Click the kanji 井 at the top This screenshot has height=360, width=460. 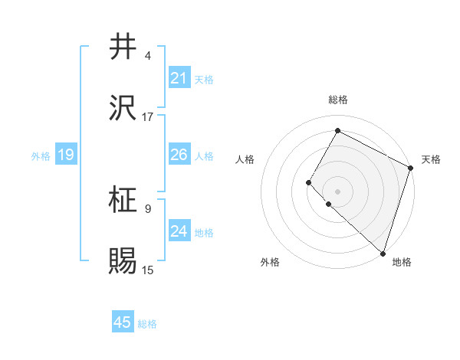point(123,47)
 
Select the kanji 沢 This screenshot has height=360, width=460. point(123,109)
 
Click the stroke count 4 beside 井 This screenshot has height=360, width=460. point(148,56)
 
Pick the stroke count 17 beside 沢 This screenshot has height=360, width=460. point(148,117)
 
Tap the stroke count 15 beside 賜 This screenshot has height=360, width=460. point(148,270)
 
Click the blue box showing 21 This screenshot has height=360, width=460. point(179,78)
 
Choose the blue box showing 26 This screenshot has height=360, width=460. point(179,155)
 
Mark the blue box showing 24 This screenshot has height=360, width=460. point(179,231)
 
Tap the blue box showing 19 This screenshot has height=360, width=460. point(65,155)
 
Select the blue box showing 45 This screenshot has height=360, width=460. point(123,322)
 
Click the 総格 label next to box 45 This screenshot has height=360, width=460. point(147,324)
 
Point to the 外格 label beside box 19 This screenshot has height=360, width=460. point(41,156)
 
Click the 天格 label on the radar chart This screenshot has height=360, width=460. point(431,159)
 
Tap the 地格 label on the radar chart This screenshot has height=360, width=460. point(402,262)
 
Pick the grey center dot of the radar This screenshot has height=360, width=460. point(337,191)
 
